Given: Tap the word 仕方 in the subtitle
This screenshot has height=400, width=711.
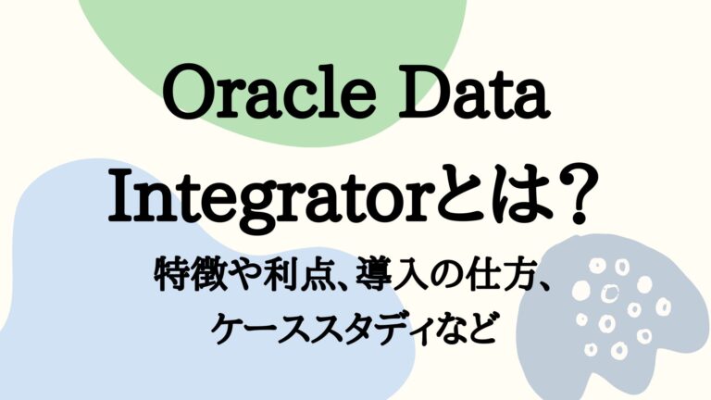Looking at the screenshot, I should pyautogui.click(x=488, y=275).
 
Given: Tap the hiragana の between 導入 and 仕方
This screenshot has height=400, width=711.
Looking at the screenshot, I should pyautogui.click(x=430, y=276).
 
